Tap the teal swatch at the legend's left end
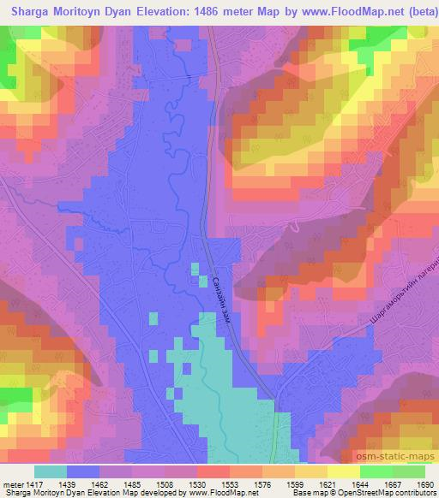[51, 471]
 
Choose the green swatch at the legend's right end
[408, 471]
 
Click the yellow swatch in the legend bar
[310, 471]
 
